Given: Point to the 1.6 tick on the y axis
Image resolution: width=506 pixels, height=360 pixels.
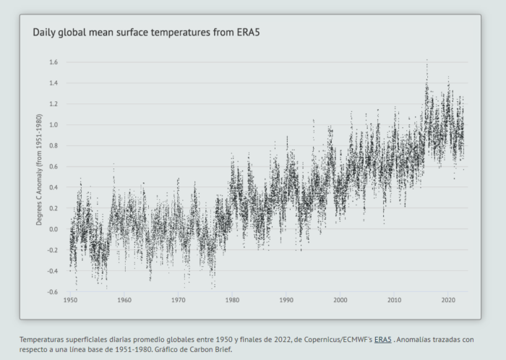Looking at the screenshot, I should pos(53,62).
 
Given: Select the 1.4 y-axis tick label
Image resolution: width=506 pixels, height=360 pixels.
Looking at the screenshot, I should pos(53,83).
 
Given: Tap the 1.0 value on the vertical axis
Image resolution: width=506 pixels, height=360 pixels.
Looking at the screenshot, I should pos(53,125).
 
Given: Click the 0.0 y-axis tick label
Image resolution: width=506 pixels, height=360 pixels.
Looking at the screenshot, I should pos(53,229).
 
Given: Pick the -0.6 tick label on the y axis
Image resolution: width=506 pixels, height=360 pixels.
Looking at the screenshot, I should pos(52,292).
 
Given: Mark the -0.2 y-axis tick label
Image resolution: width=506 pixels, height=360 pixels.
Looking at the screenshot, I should pos(52,250).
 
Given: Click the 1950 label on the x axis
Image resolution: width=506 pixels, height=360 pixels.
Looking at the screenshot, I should pos(71,300).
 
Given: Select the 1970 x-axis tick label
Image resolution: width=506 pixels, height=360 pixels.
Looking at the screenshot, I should pos(179,300).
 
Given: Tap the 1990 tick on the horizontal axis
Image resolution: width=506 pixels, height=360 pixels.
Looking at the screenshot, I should pos(286,300).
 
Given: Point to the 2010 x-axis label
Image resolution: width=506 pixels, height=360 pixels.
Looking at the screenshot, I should pos(394,300).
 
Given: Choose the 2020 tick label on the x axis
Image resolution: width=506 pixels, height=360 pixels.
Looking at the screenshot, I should pos(448,300).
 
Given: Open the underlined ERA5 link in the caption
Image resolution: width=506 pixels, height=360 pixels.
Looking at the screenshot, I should pos(383,339).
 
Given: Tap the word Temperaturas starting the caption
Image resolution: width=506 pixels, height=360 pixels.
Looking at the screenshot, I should pos(43,339).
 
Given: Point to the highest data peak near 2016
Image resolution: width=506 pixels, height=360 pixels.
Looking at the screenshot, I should pos(426,61).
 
